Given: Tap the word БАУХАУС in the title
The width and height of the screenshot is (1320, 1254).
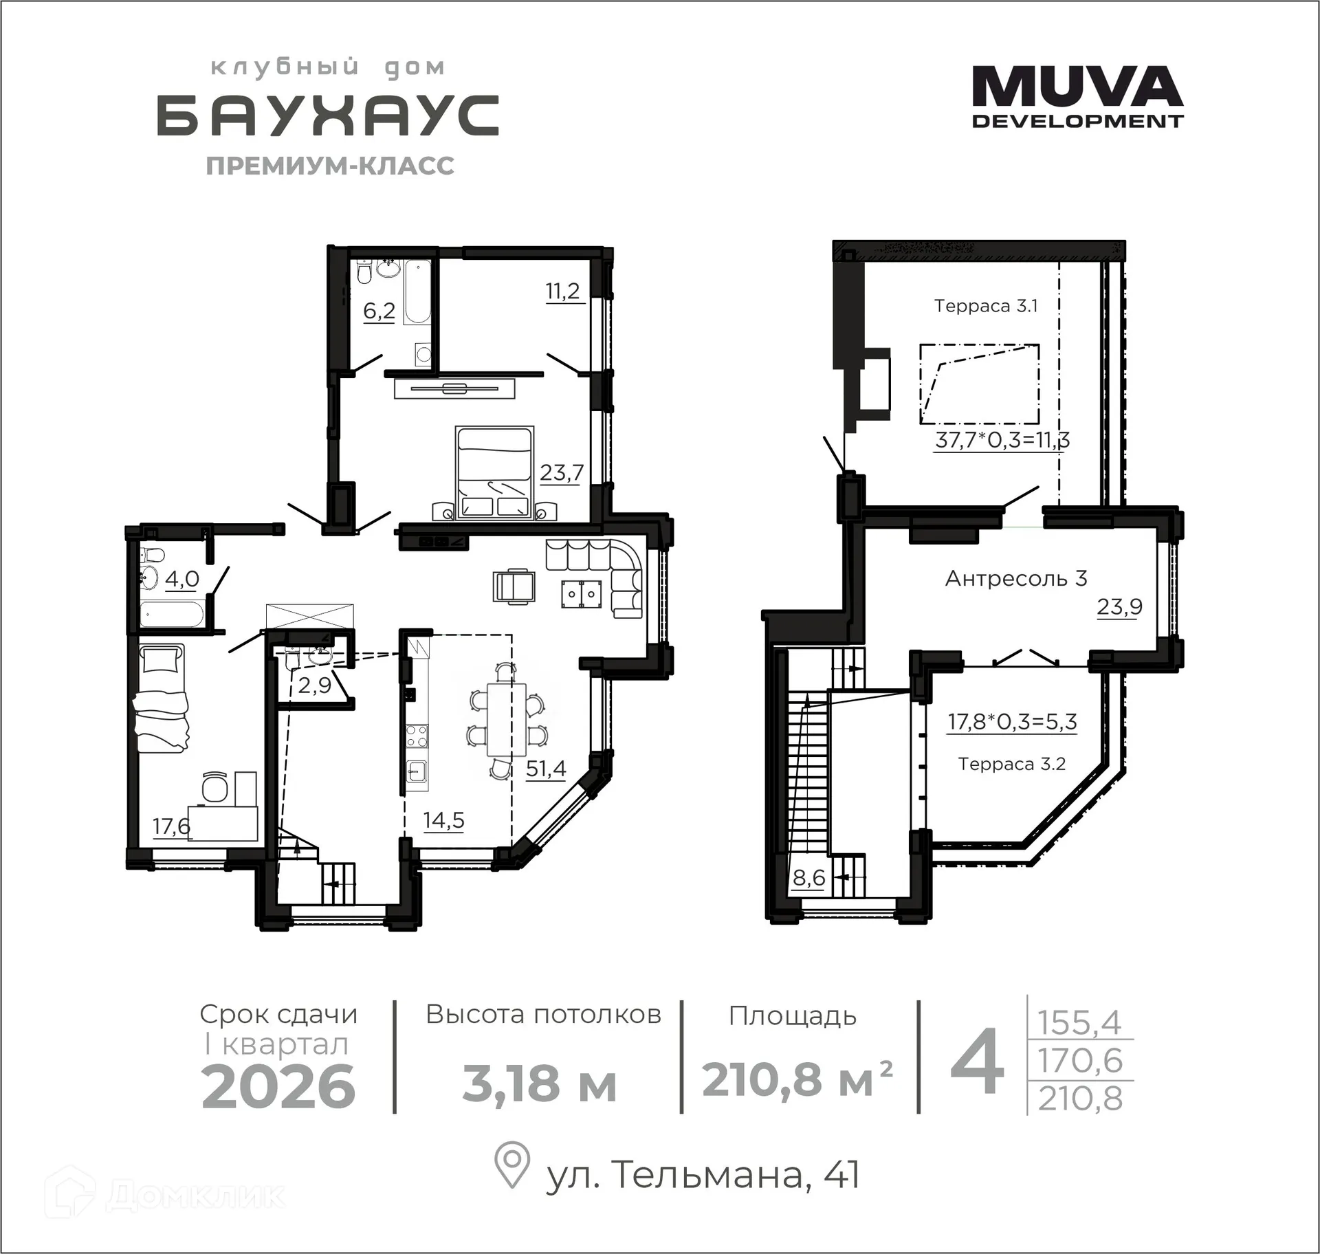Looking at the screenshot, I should [328, 116].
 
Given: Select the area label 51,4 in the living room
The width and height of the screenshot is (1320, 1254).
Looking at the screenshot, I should [546, 768].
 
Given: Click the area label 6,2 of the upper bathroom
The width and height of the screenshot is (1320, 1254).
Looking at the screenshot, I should [379, 311].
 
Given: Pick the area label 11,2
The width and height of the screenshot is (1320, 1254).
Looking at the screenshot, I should [562, 291].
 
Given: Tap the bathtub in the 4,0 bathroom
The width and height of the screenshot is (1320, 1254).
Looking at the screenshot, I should [171, 614].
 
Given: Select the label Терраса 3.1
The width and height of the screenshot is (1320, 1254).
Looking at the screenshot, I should [985, 306].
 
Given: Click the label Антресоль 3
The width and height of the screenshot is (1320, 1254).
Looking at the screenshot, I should [1015, 578].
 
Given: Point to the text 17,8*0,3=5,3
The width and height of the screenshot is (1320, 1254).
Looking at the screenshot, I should [1011, 722].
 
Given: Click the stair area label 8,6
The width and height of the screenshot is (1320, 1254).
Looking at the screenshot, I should [808, 878].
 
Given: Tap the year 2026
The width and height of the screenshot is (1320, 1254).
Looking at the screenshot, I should [278, 1087].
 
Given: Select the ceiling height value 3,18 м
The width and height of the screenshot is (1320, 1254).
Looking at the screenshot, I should [539, 1084].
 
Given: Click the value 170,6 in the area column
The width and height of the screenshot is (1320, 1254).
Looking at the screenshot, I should [1079, 1060].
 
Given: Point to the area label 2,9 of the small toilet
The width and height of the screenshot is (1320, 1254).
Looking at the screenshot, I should [314, 685].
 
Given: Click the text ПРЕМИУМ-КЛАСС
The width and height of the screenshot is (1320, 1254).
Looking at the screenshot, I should [330, 166].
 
